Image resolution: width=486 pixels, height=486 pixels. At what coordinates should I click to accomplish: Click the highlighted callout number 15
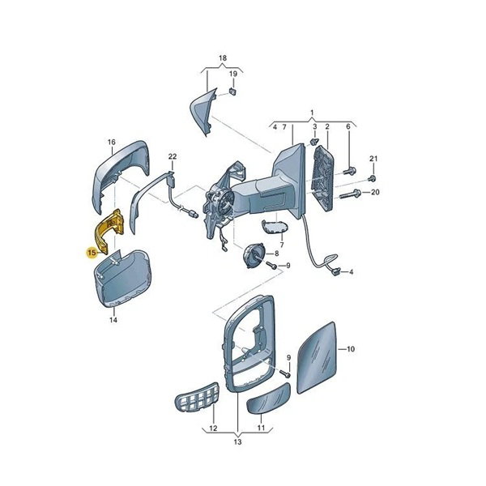[92, 253]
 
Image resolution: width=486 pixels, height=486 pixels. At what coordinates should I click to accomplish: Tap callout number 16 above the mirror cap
[111, 142]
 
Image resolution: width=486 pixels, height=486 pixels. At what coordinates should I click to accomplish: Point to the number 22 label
[173, 156]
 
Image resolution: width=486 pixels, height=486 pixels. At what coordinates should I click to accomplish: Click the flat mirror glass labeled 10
[317, 357]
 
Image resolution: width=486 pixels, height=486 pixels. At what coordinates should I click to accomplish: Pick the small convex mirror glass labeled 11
[268, 399]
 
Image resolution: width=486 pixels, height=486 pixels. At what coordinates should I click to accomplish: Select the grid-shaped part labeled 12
[197, 398]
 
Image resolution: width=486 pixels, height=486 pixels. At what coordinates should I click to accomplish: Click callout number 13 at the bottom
[237, 441]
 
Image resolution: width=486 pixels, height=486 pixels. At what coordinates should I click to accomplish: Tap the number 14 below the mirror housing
[113, 320]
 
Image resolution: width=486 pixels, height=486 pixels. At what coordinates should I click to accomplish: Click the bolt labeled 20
[351, 194]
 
